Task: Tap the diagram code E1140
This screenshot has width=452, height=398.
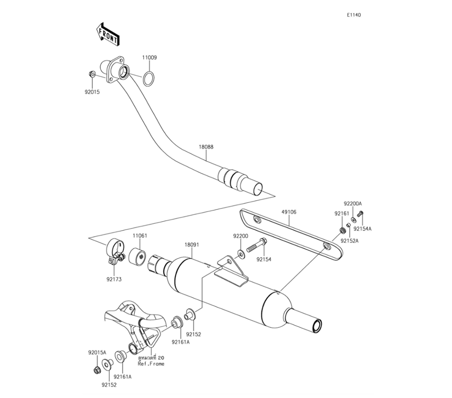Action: coord(354,15)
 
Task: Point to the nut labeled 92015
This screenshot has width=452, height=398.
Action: coord(91,74)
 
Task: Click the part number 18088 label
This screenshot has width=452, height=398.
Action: coord(206,147)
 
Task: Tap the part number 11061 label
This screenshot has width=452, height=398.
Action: coord(140,236)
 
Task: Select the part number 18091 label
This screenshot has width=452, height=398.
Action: coord(192,245)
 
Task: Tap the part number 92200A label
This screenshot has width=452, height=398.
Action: coord(353,204)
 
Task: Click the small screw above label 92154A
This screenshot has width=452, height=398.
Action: coord(360,214)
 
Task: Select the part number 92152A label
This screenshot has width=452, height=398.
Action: coord(349,241)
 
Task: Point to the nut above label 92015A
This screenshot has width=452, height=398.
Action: coord(97,370)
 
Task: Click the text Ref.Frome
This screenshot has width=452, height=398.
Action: coord(151,364)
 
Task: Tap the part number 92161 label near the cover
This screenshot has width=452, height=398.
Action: coord(342,213)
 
